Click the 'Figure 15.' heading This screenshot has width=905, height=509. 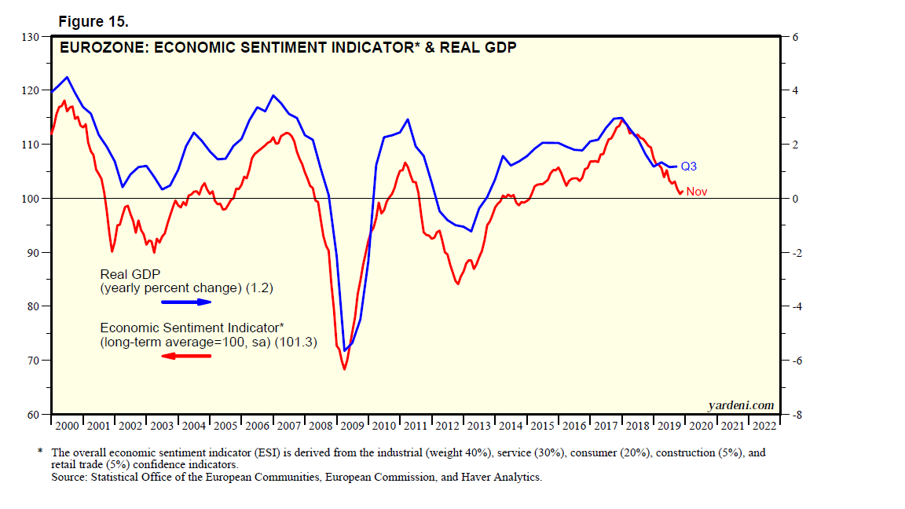(92, 22)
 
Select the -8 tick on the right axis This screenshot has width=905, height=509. (794, 415)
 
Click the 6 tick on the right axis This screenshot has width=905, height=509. (794, 37)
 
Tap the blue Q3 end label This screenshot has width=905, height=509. (688, 167)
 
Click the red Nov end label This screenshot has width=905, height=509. (696, 192)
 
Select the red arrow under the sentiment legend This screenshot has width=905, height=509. (186, 356)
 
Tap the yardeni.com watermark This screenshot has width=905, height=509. (741, 405)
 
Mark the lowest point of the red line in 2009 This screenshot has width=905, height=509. (344, 369)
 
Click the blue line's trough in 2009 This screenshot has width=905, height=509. (345, 350)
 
